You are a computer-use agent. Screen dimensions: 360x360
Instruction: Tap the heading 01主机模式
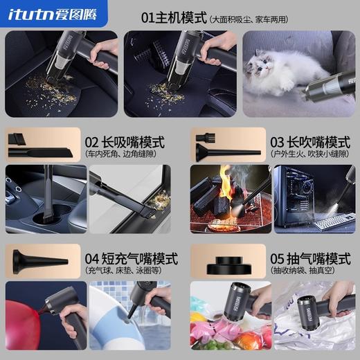[173, 15]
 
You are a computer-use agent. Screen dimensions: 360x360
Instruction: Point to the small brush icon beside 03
[206, 138]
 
